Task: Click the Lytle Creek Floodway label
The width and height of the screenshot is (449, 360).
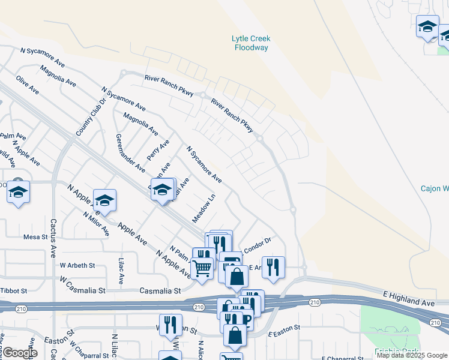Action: click(x=251, y=43)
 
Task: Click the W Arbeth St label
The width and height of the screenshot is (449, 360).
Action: click(x=77, y=265)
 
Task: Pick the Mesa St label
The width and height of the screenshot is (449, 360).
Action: click(x=35, y=237)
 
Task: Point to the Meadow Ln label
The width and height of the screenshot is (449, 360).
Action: click(x=203, y=206)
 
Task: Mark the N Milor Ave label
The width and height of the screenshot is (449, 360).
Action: click(x=95, y=223)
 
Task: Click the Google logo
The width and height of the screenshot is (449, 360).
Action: click(x=20, y=353)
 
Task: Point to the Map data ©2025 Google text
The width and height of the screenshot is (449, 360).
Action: click(x=412, y=355)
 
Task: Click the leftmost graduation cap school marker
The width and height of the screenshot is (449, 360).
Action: click(x=19, y=192)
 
